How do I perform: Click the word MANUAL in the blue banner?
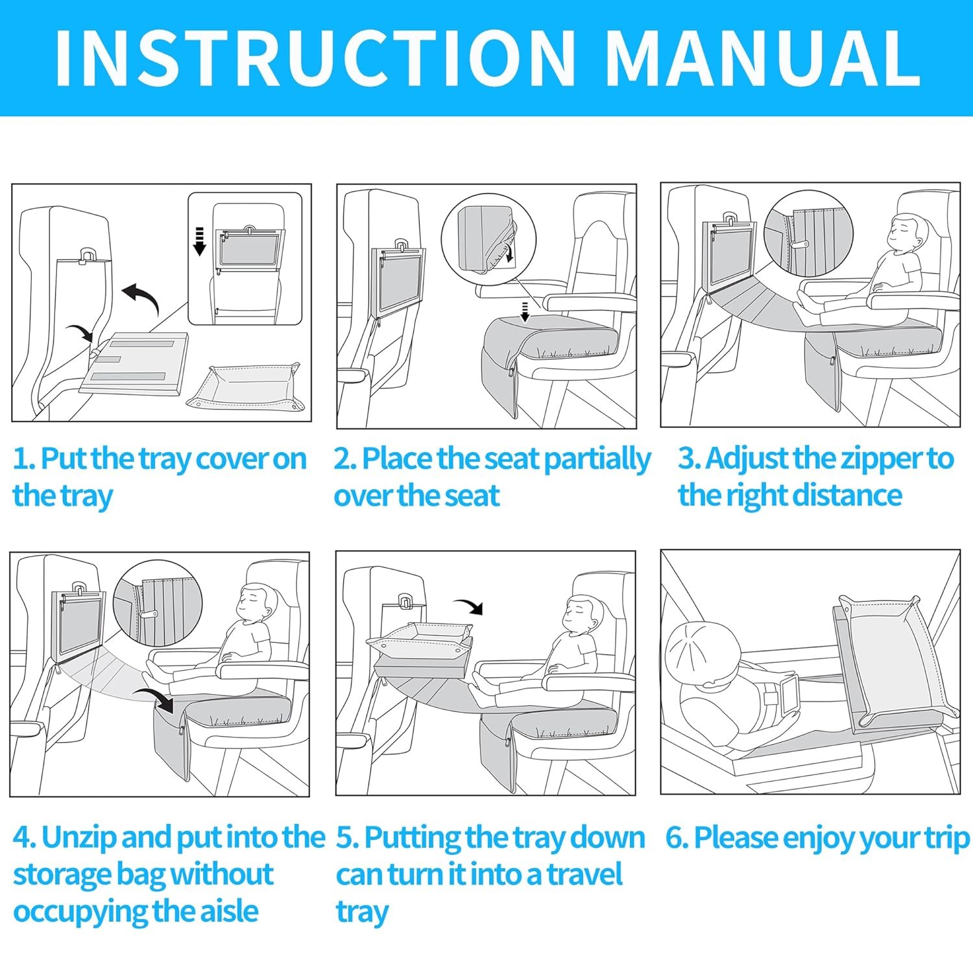pos(763,58)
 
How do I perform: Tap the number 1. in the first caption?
pos(23,459)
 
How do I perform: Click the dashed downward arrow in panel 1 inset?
pos(200,241)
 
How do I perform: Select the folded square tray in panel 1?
pos(243,387)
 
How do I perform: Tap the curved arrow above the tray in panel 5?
pos(468,606)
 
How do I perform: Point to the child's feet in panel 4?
pos(156,675)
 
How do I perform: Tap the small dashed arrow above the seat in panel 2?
pos(525,311)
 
